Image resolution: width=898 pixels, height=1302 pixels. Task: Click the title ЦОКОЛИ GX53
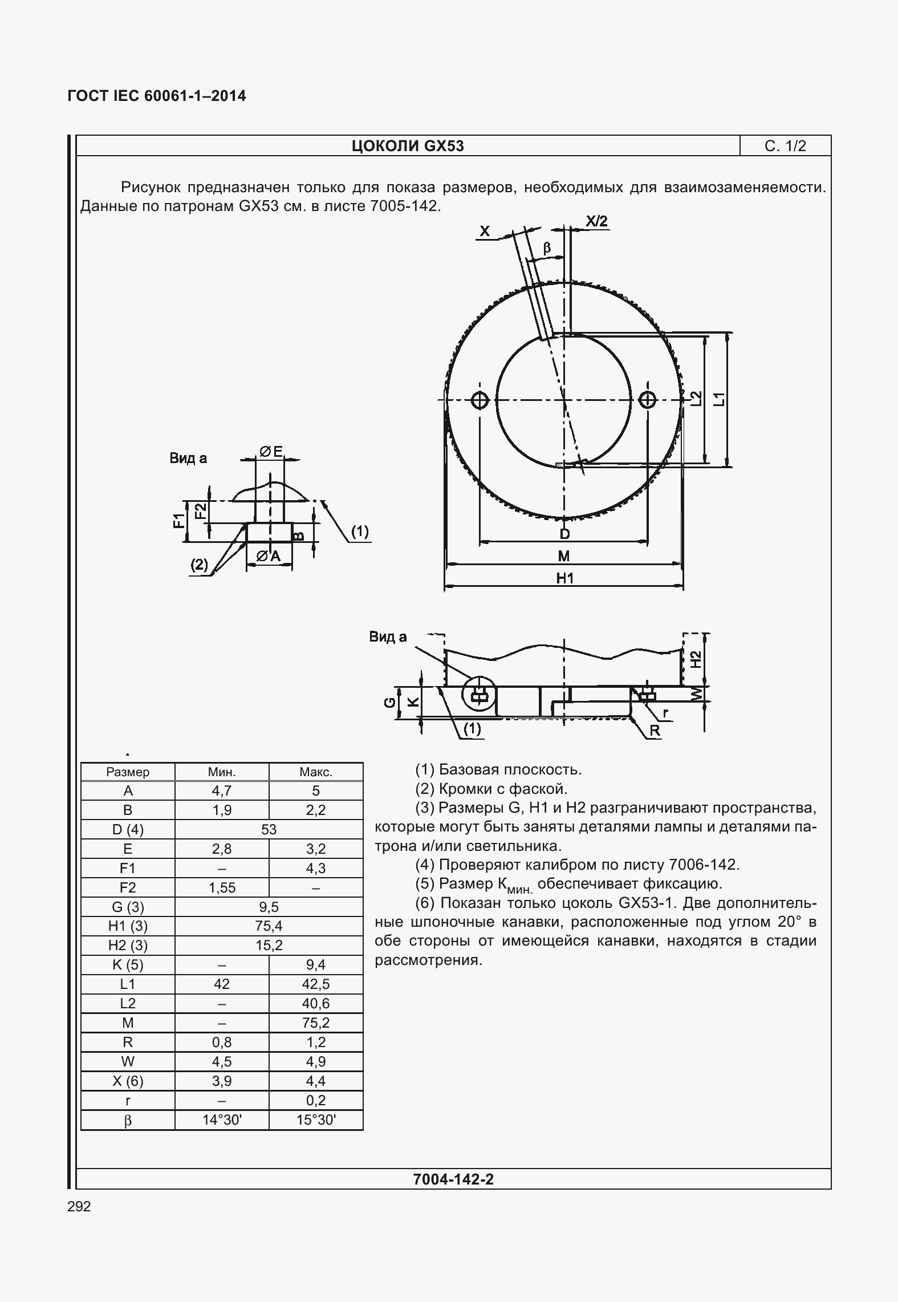click(408, 146)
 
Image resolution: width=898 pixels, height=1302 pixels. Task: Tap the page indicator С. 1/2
click(785, 146)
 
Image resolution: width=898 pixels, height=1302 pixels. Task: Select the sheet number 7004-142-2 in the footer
click(453, 1179)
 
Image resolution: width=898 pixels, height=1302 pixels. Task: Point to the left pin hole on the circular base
click(480, 400)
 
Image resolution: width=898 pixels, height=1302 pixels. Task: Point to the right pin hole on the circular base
click(648, 400)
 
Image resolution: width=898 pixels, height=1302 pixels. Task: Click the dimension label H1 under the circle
click(564, 578)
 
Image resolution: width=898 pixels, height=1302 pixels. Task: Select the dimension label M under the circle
click(563, 555)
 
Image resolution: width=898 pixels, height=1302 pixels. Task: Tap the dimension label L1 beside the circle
click(720, 399)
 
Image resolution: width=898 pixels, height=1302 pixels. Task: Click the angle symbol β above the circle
click(547, 248)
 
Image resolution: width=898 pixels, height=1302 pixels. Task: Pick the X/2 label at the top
click(596, 221)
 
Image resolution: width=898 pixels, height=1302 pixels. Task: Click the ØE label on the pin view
click(271, 452)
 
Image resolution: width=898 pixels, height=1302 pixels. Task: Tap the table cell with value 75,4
click(269, 926)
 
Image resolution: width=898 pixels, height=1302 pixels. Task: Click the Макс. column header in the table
click(316, 772)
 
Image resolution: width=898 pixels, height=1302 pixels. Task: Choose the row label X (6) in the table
click(128, 1081)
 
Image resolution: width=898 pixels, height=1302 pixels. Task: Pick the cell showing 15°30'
click(316, 1120)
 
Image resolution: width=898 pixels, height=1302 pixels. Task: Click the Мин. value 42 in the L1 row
click(222, 984)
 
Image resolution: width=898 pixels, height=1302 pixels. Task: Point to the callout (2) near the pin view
click(199, 564)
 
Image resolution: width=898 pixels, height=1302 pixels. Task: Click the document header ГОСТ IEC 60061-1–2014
click(157, 96)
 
